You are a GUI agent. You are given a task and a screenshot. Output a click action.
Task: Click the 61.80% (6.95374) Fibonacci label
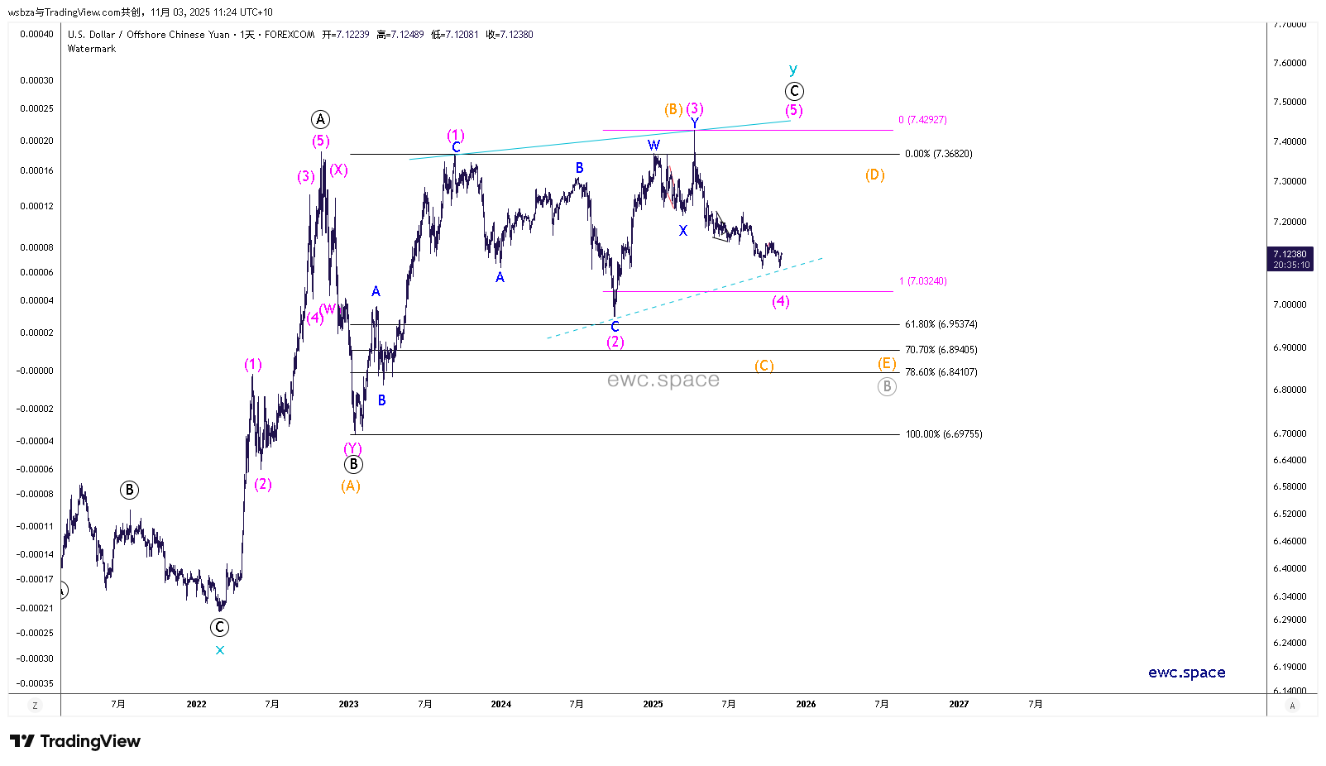(x=941, y=324)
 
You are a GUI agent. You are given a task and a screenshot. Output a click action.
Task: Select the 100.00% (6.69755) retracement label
(x=943, y=434)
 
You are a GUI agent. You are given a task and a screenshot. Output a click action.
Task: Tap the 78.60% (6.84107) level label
(x=941, y=372)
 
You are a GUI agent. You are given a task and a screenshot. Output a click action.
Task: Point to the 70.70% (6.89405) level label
(x=941, y=350)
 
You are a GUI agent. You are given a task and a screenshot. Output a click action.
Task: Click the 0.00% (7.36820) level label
(x=938, y=154)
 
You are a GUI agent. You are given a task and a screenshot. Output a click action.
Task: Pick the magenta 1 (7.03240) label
(x=922, y=281)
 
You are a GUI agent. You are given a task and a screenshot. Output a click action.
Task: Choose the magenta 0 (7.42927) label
(x=922, y=120)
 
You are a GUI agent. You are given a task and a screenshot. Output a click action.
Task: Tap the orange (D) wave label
(x=875, y=175)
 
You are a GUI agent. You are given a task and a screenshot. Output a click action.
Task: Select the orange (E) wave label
(x=887, y=363)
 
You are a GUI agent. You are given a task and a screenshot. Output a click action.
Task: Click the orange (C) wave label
(x=764, y=365)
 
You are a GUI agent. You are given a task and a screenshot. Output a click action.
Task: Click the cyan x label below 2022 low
(x=220, y=650)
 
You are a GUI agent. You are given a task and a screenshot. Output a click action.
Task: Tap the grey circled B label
(x=887, y=386)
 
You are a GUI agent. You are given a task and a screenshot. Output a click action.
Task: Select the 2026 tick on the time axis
(x=806, y=704)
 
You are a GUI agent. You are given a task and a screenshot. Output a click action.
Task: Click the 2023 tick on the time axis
(x=348, y=704)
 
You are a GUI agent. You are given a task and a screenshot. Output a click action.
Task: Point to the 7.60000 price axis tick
(x=1290, y=63)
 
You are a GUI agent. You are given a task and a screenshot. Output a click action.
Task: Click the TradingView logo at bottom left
(x=75, y=741)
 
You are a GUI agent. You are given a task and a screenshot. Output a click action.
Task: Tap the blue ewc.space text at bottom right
(x=1186, y=673)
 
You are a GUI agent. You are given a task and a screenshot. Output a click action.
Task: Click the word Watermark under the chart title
(x=92, y=49)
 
